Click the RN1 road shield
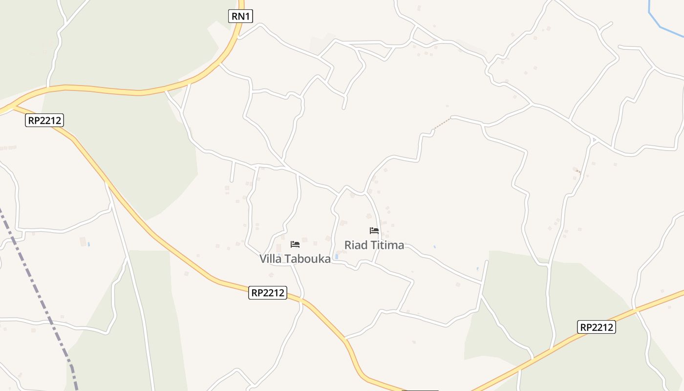(x=240, y=16)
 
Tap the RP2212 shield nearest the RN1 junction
(x=44, y=120)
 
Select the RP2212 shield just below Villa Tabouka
(x=267, y=293)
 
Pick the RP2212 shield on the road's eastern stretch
(x=596, y=327)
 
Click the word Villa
(x=270, y=259)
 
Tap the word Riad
(x=356, y=245)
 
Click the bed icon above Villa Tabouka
(x=295, y=244)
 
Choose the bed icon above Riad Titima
(x=374, y=231)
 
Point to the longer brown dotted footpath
(x=442, y=124)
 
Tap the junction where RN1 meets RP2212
(x=14, y=105)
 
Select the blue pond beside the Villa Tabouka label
(x=336, y=256)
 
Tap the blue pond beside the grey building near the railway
(x=89, y=243)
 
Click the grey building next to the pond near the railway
(x=83, y=241)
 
